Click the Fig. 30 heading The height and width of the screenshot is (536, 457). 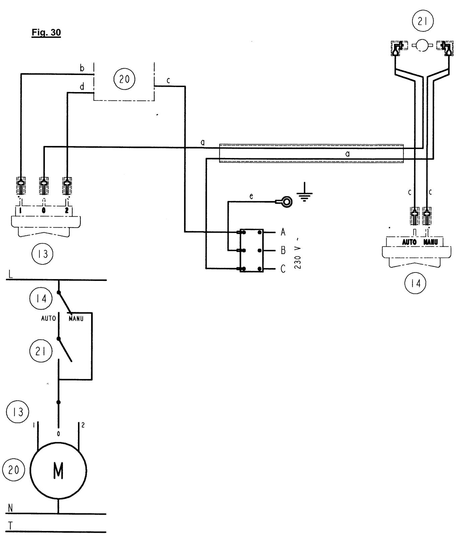[46, 33]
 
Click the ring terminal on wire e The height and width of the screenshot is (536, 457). [287, 202]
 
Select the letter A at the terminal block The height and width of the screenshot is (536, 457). [283, 232]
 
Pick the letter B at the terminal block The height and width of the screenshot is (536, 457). [283, 250]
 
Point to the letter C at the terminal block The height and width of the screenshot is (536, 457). [283, 269]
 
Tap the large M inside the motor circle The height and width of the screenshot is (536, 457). [58, 471]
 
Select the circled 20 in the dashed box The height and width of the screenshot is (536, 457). [125, 80]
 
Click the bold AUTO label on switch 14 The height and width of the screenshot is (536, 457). [409, 242]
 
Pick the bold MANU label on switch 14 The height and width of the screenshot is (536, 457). [431, 242]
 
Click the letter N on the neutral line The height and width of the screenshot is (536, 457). [11, 508]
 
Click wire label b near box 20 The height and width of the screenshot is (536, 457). [82, 68]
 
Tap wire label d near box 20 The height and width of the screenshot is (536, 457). [82, 87]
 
